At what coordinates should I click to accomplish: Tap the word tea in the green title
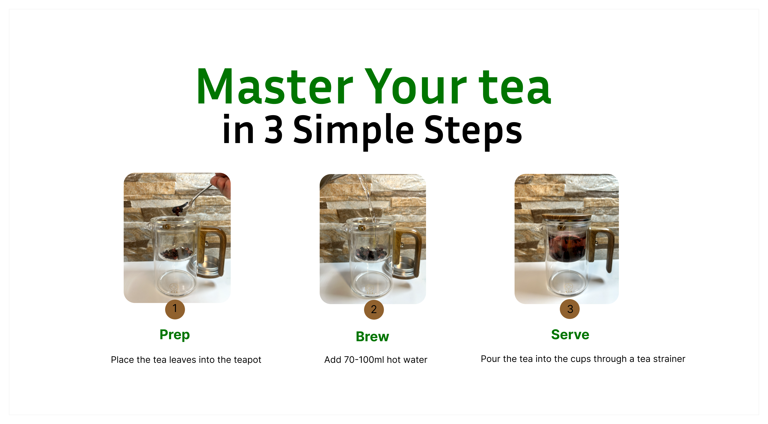point(515,87)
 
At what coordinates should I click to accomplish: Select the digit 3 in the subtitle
point(273,129)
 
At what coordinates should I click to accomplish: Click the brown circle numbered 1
point(175,309)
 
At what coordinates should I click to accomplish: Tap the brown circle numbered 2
point(374,310)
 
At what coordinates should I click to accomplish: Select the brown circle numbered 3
point(570,309)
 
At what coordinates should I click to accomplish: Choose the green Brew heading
point(372,337)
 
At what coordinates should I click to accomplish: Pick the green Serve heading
point(570,335)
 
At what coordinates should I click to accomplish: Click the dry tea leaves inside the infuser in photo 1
point(176,253)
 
